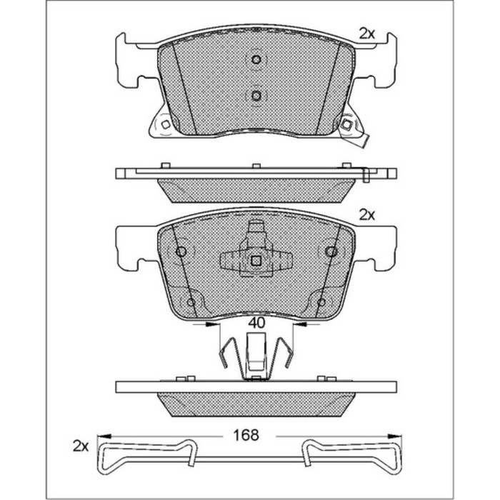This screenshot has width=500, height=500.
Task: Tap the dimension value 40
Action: pyautogui.click(x=256, y=323)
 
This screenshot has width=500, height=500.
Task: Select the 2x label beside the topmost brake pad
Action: pyautogui.click(x=366, y=33)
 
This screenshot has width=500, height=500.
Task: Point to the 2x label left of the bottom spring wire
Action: pyautogui.click(x=80, y=446)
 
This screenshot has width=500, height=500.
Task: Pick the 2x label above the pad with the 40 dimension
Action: pyautogui.click(x=366, y=214)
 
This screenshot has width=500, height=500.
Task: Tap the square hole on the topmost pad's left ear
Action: pyautogui.click(x=165, y=124)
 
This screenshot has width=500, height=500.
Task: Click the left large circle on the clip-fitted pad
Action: pyautogui.click(x=181, y=251)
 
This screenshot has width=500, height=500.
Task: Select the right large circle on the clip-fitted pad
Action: pyautogui.click(x=331, y=251)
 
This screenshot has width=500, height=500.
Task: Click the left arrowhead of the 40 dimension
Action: pyautogui.click(x=213, y=324)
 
